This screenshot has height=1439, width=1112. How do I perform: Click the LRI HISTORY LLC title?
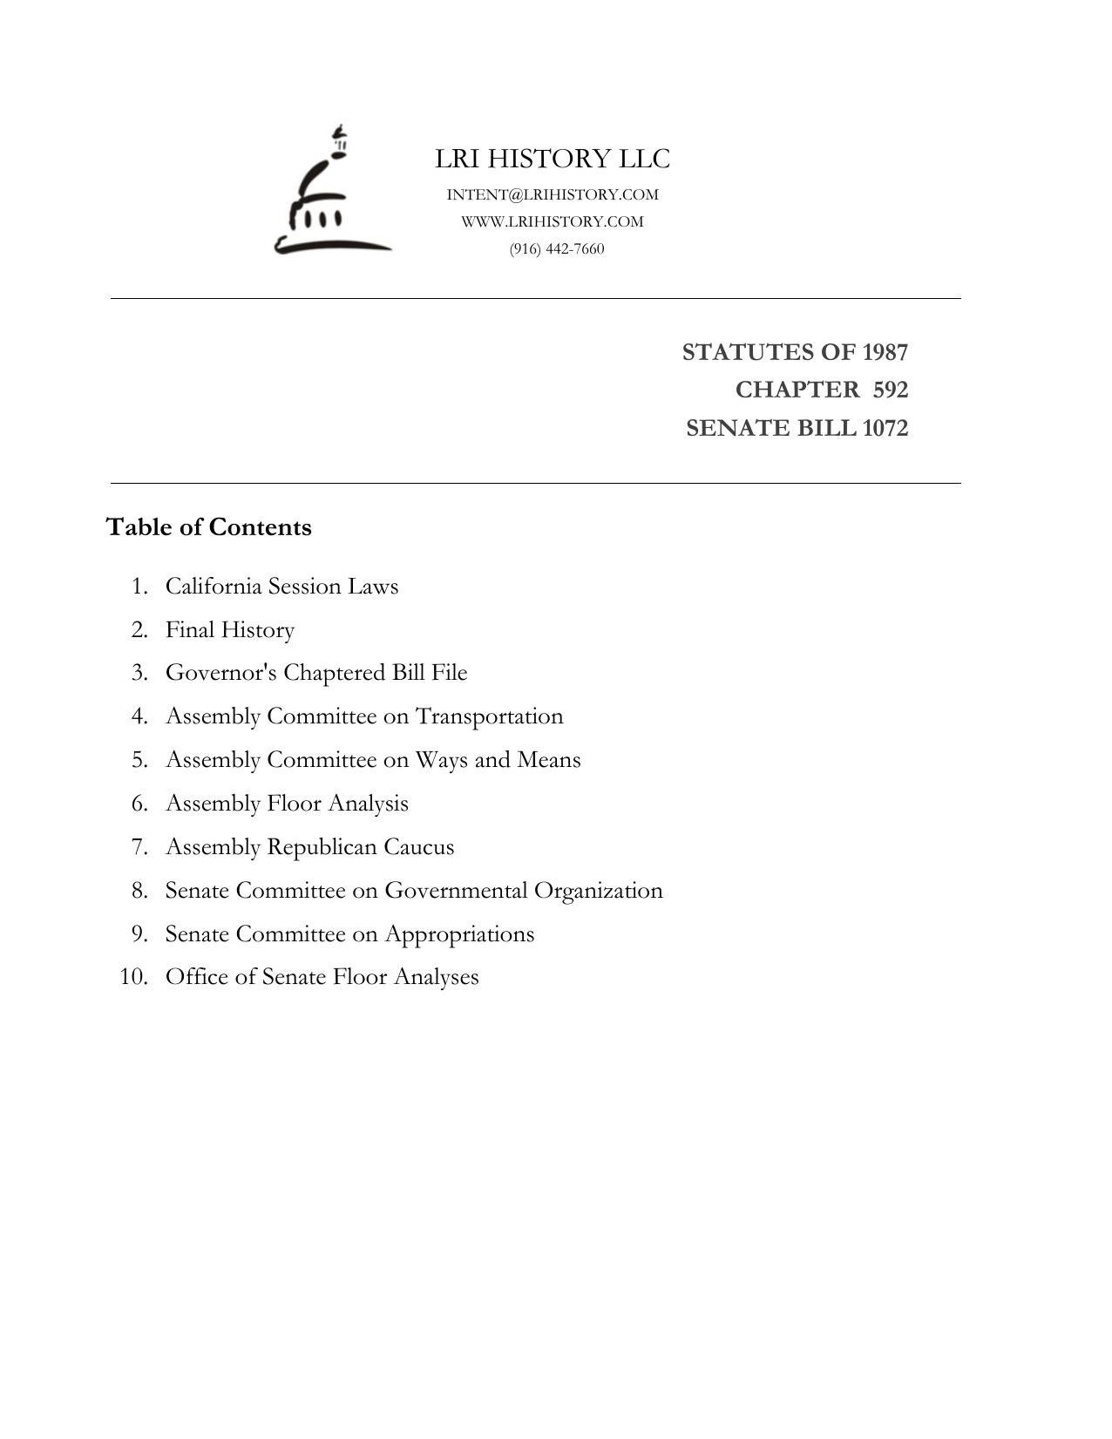(x=553, y=159)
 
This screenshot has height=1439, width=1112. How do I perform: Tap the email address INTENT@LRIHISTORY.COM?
(x=553, y=194)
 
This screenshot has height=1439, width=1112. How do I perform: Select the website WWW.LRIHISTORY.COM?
(x=553, y=221)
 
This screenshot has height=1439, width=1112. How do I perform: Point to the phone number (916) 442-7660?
(x=557, y=248)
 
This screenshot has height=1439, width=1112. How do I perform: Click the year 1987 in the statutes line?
(x=885, y=352)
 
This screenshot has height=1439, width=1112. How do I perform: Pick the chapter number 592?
(x=890, y=390)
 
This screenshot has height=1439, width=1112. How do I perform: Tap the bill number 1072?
(x=885, y=428)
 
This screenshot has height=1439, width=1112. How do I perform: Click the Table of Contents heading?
(x=208, y=527)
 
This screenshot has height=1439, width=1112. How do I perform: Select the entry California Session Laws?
(x=281, y=586)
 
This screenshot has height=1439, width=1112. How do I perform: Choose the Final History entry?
(x=230, y=629)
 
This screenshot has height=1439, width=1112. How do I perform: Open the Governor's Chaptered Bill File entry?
(x=316, y=673)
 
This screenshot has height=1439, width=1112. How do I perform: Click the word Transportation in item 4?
(x=489, y=716)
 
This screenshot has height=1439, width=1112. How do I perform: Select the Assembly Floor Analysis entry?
(x=287, y=803)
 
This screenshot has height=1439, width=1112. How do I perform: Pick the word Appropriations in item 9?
(x=459, y=933)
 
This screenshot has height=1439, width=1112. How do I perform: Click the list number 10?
(x=133, y=976)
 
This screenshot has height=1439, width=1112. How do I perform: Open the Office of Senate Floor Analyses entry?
(x=322, y=976)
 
